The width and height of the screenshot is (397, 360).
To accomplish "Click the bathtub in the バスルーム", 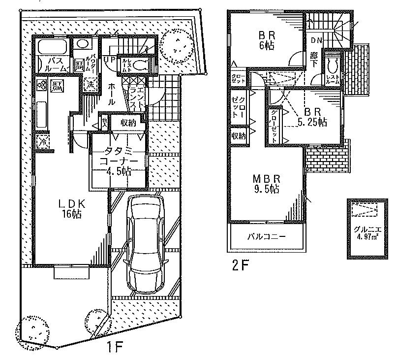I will pos(51,48).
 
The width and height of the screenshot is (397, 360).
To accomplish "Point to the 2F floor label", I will pos(240,266).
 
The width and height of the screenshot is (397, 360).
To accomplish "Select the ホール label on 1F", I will pos(110,94).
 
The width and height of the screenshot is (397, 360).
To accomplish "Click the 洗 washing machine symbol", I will pos(91,85).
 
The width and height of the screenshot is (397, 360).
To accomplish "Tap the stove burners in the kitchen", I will pos(41,86).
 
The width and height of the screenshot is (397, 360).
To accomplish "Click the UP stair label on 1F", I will pos(109,59).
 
